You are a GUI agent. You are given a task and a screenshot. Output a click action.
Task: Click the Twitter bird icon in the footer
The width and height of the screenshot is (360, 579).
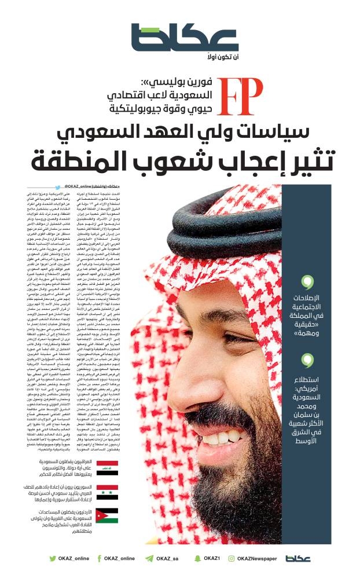click(x=52, y=558)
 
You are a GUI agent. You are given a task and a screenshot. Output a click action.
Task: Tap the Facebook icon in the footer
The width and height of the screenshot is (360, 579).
click(x=99, y=558)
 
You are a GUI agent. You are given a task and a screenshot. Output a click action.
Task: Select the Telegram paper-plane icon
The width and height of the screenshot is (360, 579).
click(x=149, y=558)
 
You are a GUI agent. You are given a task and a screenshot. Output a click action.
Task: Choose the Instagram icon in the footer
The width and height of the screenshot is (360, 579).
click(x=232, y=558)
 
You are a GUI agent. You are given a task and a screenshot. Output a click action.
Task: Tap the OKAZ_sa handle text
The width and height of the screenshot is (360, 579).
click(x=168, y=558)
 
